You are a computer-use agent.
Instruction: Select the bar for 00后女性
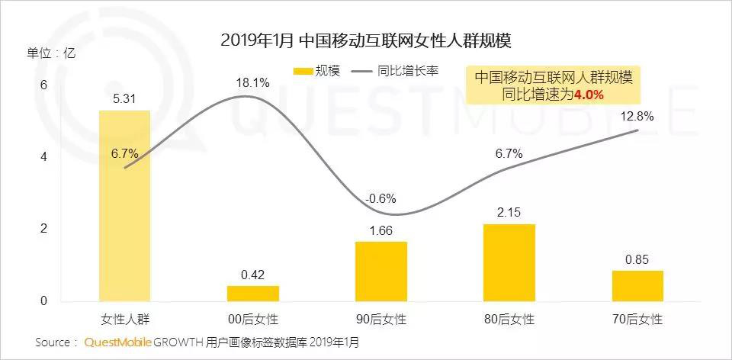[252, 294]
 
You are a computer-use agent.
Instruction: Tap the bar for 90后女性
[380, 272]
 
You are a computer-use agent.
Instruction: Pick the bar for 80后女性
[509, 263]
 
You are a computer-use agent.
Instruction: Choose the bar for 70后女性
[637, 286]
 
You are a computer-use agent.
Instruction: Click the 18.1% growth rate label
[252, 83]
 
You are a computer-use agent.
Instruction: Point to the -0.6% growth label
[380, 199]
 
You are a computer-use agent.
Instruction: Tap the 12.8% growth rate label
[637, 116]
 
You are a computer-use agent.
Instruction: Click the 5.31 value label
[125, 98]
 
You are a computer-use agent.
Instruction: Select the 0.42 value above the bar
[252, 275]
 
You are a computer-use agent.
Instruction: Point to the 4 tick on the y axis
[43, 157]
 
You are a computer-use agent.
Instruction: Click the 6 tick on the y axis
[43, 85]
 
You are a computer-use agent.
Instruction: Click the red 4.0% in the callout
[588, 95]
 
